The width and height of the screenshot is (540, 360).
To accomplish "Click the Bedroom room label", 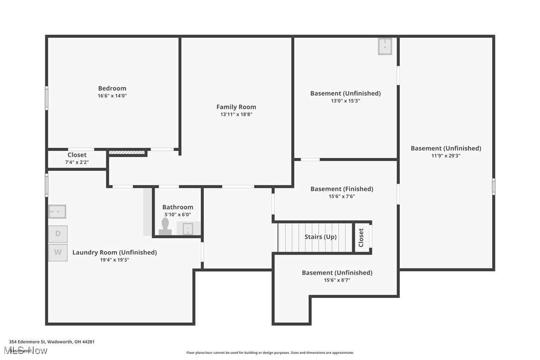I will (112, 89).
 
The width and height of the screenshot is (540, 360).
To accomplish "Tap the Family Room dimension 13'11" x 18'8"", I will (236, 114).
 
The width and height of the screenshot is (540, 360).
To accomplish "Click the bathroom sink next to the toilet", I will (188, 229).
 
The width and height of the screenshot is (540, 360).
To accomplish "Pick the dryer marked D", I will (58, 234).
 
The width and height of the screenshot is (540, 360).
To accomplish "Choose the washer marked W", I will (58, 253).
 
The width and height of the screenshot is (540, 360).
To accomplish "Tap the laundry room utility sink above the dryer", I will (57, 211).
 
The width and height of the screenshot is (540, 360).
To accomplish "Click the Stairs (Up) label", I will (320, 237).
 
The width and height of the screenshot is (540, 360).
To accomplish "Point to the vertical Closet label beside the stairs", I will (361, 238).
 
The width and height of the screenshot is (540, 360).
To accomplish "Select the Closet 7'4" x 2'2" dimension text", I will (77, 162).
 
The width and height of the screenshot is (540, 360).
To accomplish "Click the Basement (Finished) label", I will (342, 189).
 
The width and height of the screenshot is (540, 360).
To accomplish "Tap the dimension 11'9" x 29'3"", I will (446, 156).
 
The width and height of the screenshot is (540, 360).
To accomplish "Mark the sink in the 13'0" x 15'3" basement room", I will (385, 46).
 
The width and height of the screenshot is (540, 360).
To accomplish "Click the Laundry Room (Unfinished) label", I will (114, 253).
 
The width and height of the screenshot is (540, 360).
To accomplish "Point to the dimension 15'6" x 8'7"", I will (337, 280).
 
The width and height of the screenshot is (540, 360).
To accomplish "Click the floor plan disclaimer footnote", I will (270, 353).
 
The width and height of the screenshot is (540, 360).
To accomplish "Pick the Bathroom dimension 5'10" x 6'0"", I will (178, 215).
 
